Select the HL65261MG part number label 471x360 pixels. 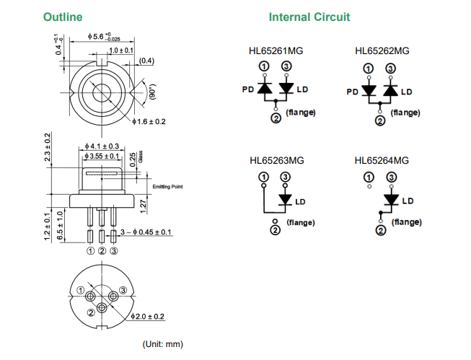(276, 51)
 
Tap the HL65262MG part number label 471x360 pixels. (382, 51)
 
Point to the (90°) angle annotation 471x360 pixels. (151, 92)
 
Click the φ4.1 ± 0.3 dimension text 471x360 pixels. (101, 146)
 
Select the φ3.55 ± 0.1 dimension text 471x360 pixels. (102, 156)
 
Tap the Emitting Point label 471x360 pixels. (167, 187)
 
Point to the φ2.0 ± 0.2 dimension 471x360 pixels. (148, 317)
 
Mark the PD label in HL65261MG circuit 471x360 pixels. (247, 89)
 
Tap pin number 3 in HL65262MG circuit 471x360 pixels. (391, 69)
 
